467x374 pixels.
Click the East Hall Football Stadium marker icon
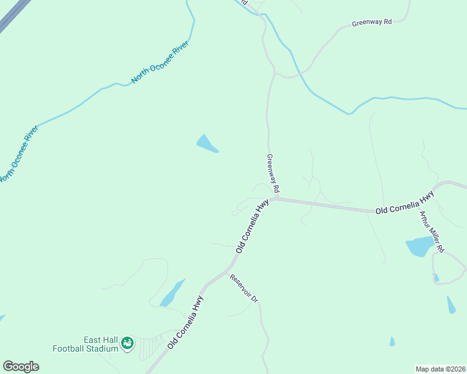pyautogui.click(x=127, y=343)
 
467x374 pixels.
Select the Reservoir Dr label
pyautogui.click(x=243, y=289)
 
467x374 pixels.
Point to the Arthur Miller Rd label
pyautogui.click(x=432, y=231)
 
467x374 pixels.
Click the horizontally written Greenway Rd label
pyautogui.click(x=371, y=22)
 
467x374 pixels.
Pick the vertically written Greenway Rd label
pyautogui.click(x=273, y=173)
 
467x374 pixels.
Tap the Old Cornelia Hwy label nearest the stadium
pyautogui.click(x=185, y=321)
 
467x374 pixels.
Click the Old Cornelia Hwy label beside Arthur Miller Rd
pyautogui.click(x=405, y=205)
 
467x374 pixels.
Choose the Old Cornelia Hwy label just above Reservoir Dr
pyautogui.click(x=252, y=226)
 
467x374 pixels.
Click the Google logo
pyautogui.click(x=21, y=367)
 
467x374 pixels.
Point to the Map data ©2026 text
pyautogui.click(x=440, y=368)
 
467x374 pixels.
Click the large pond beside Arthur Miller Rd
pyautogui.click(x=419, y=246)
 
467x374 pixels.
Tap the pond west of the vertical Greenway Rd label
pyautogui.click(x=207, y=144)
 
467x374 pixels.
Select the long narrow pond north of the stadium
pyautogui.click(x=172, y=293)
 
